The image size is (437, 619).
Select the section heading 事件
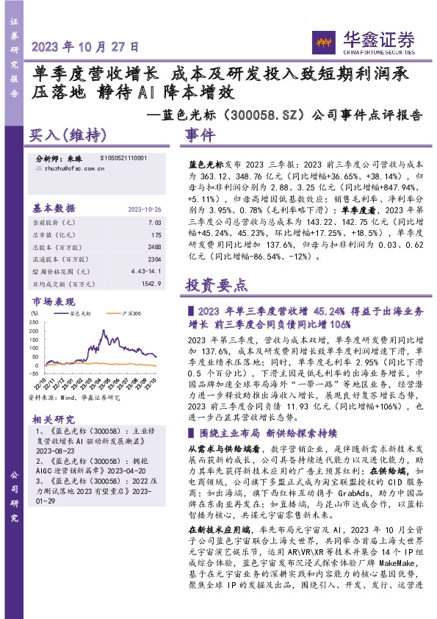tap(201, 137)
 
